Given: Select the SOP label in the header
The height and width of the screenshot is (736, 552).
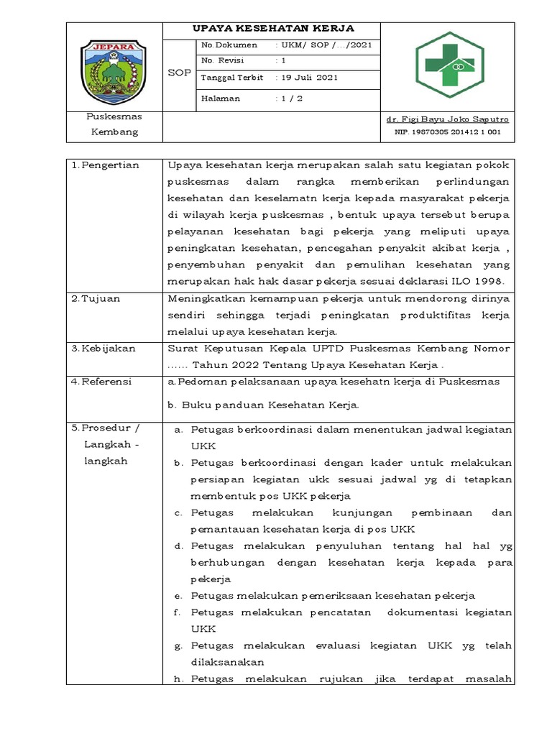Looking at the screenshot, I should (179, 73).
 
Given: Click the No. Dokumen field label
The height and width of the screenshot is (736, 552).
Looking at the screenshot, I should (229, 45).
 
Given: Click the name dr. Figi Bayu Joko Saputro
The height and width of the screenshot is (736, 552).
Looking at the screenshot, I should (447, 119).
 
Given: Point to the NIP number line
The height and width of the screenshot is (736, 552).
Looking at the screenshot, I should (447, 132).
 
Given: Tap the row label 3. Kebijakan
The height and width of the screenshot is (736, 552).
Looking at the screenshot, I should (105, 349).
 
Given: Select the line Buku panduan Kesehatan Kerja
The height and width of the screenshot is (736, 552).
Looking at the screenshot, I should (263, 405).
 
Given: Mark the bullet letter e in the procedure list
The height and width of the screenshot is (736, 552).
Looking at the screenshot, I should (178, 596).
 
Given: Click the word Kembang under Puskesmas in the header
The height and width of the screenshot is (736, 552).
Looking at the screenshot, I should (114, 132).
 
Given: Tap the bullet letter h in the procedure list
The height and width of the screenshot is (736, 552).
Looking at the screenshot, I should (178, 679).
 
